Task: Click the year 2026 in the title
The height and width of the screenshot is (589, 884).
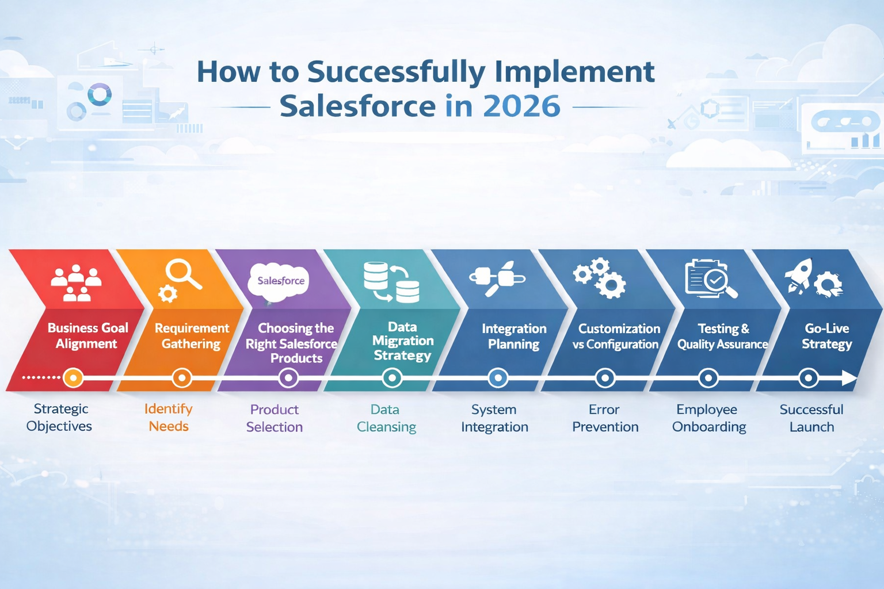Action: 521,106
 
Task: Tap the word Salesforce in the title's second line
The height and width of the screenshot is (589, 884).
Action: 357,106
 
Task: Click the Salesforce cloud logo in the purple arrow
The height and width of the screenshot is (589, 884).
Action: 280,281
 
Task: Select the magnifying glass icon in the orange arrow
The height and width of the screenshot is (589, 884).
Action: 182,274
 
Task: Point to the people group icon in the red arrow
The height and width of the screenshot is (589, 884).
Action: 75,282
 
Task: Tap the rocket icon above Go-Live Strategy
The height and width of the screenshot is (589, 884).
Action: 800,276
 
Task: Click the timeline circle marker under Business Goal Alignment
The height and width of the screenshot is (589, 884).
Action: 73,378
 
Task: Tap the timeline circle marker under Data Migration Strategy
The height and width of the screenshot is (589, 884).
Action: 393,378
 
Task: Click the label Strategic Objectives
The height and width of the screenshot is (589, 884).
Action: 60,418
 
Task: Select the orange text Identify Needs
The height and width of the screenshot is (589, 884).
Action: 168,418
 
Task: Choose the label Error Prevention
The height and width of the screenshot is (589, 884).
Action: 605,418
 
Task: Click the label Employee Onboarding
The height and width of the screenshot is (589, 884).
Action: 708,418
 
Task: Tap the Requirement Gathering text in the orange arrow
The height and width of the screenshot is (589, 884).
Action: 192,336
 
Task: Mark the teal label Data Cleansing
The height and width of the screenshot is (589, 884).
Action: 386,418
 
